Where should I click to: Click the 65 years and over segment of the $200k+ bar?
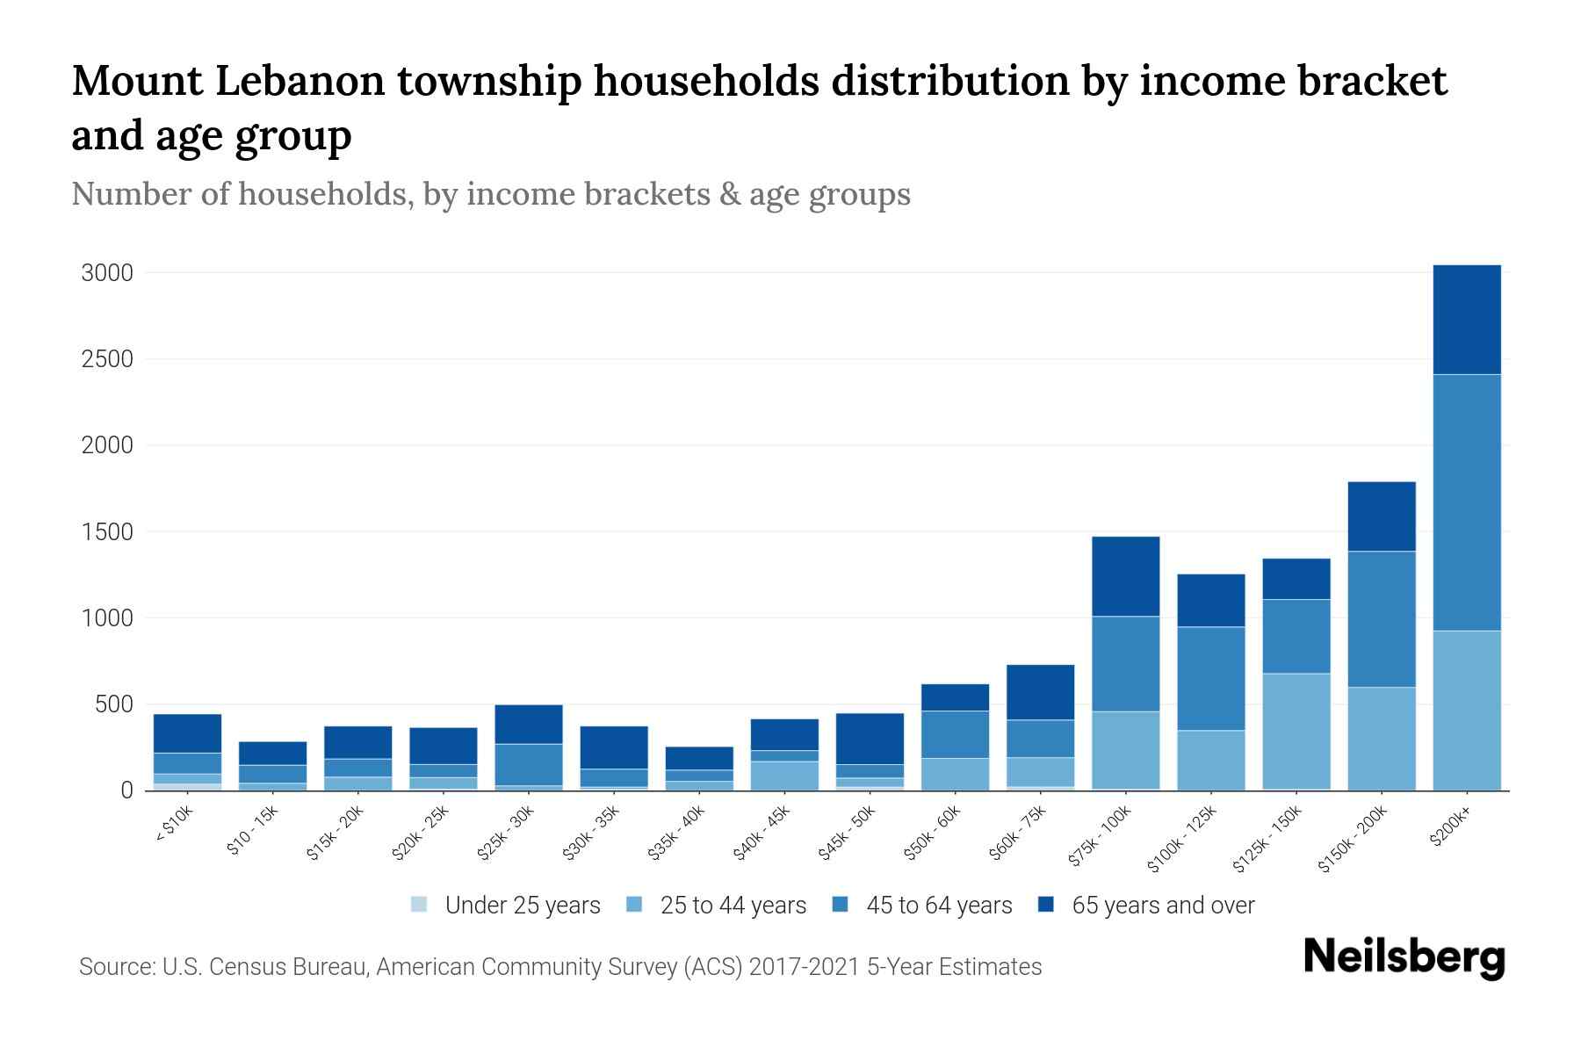(x=1466, y=320)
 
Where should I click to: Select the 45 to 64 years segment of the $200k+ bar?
(x=1466, y=502)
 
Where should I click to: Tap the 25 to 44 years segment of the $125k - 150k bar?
(x=1296, y=731)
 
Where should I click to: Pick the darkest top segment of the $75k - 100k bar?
(x=1125, y=576)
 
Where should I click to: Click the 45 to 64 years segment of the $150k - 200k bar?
(x=1381, y=618)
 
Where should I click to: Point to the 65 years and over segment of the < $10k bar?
(x=187, y=733)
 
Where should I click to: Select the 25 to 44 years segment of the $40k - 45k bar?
(x=784, y=775)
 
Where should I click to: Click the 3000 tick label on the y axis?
(x=107, y=273)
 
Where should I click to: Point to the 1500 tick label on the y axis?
(x=107, y=532)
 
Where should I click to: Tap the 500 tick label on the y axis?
(x=113, y=704)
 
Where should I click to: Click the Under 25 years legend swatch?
(x=420, y=905)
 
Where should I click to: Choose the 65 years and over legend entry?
(x=1162, y=906)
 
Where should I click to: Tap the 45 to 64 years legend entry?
(x=938, y=906)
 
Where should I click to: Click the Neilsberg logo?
(x=1404, y=957)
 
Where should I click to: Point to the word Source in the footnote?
(x=114, y=967)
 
